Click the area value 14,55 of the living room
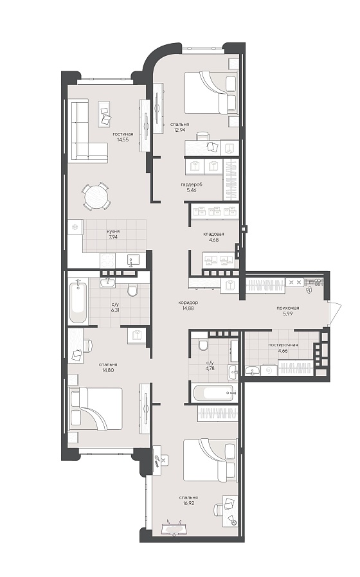click(123, 140)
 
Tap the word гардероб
click(192, 184)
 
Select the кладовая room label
click(213, 234)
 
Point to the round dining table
click(96, 196)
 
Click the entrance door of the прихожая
click(335, 313)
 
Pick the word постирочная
click(283, 345)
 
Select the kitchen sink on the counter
click(133, 260)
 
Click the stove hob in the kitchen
click(107, 261)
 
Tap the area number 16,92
click(188, 503)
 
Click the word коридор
click(188, 303)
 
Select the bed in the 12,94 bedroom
click(211, 93)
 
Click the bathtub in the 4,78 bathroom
click(213, 393)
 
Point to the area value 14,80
click(108, 370)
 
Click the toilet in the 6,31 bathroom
click(132, 290)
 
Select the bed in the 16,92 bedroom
click(210, 460)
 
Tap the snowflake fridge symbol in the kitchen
click(75, 227)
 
